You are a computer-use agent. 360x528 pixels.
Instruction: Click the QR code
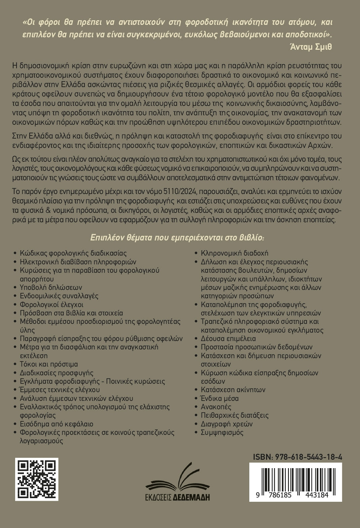(x=38, y=479)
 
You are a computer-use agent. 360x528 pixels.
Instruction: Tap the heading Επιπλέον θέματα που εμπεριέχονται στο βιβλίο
(x=178, y=238)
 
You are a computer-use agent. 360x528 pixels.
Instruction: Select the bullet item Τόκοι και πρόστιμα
(x=49, y=364)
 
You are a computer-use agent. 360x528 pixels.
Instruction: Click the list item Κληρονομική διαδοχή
(x=235, y=253)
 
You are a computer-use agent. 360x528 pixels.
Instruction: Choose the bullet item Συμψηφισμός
(x=222, y=432)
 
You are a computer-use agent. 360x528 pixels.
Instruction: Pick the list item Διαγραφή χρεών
(x=227, y=424)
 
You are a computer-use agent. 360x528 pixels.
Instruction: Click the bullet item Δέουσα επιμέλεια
(x=228, y=339)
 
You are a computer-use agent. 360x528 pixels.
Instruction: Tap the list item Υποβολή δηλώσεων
(x=51, y=288)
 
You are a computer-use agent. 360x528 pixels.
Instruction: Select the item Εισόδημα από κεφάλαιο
(x=57, y=424)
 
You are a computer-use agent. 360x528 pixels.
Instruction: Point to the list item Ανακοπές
(x=216, y=407)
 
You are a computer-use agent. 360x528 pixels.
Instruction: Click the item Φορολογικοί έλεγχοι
(x=51, y=305)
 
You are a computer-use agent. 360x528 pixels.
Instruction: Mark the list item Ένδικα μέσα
(x=220, y=399)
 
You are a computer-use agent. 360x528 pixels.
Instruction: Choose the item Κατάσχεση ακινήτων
(x=233, y=390)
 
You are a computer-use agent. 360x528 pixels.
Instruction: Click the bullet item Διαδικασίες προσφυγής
(x=57, y=373)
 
